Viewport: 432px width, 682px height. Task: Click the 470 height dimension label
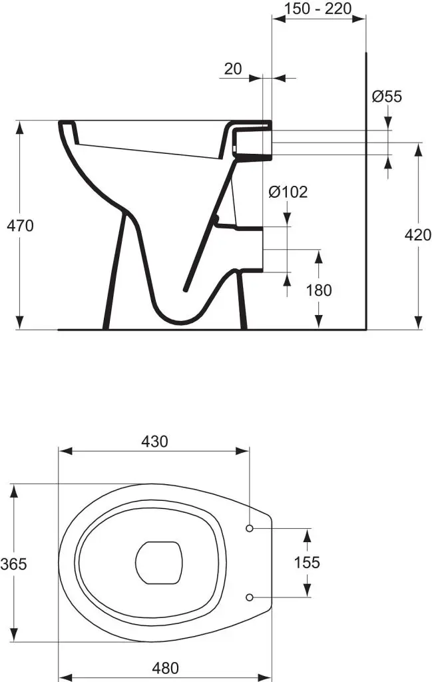20,226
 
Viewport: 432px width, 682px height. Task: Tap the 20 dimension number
233,69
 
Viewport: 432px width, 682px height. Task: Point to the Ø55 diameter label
387,96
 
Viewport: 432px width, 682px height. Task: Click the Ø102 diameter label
288,192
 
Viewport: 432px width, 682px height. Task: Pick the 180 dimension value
319,290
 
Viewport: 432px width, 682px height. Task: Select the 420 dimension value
417,235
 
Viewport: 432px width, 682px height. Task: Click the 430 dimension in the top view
154,442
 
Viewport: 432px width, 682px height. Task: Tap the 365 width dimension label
13,564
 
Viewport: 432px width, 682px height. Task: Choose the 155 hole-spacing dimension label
307,562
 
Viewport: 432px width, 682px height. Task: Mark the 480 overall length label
166,667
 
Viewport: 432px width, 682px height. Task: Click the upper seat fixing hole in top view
250,528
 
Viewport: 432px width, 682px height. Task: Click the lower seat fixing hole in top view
250,597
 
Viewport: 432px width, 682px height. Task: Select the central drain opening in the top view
158,562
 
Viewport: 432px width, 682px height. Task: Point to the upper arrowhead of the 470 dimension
19,127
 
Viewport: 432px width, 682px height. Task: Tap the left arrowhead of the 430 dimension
65,451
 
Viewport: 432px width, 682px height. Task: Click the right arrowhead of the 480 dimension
265,677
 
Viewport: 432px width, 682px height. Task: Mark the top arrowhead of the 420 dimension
418,150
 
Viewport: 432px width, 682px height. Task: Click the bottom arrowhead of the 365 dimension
15,634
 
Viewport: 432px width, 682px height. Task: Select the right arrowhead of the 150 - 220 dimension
359,18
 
